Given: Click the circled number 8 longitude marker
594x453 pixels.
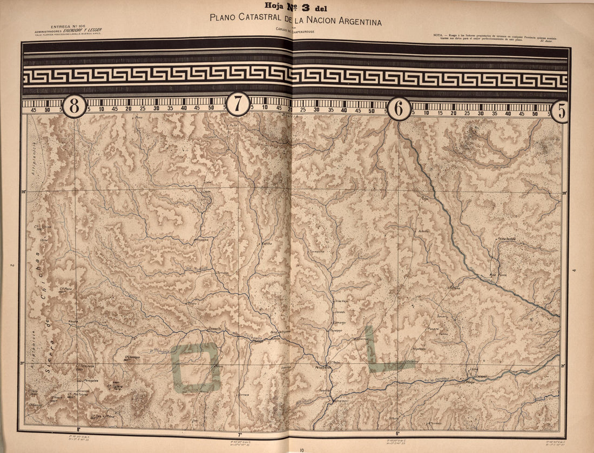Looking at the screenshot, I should (x=75, y=106).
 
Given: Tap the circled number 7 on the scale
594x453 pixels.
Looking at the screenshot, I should (x=238, y=104).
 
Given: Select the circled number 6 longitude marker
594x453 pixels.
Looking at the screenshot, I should (x=399, y=109).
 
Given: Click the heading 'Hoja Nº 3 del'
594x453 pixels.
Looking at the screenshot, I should (x=296, y=8).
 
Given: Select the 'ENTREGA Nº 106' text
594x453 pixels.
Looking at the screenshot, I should (x=67, y=26).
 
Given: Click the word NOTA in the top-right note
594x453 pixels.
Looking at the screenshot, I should (x=438, y=35).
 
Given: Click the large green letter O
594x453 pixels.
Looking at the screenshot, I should (x=195, y=368).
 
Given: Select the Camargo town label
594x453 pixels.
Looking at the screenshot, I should (x=339, y=322).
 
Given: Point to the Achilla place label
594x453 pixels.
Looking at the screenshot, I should (x=423, y=231).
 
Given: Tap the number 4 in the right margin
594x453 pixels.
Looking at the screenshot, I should (x=575, y=270).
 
